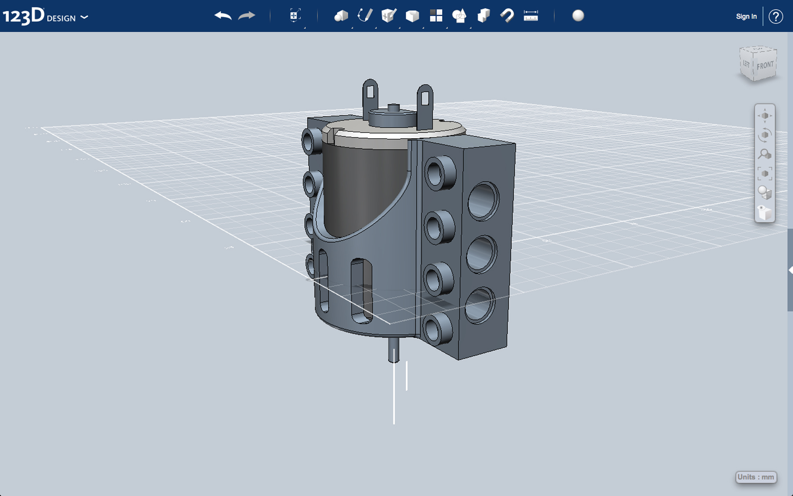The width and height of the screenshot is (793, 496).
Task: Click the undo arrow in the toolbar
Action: pos(223,16)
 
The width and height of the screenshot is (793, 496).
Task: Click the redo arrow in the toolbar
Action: pos(247,16)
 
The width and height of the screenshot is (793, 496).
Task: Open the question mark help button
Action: pos(776,17)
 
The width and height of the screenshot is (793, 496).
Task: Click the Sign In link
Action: pos(746,17)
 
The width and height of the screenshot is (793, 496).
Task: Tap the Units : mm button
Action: pos(756,477)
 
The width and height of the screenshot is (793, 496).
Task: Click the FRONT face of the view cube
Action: pos(765,66)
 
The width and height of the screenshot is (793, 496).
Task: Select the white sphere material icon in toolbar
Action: pos(578,16)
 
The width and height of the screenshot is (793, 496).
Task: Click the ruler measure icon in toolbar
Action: pos(531,16)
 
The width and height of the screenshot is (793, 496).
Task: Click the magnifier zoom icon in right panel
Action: pos(764,154)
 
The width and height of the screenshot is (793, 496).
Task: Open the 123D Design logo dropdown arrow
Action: pos(84,17)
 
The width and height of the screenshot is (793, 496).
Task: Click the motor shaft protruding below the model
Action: pos(393,350)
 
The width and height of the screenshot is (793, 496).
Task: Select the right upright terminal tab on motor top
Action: pos(425,103)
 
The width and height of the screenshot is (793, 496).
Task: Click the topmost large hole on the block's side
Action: pos(483,201)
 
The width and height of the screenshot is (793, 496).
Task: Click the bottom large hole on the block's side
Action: pos(480,305)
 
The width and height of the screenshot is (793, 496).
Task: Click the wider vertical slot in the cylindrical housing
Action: pos(361,291)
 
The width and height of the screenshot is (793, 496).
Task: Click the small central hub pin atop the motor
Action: pos(393,108)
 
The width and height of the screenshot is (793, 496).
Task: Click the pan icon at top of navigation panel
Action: pos(765,116)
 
